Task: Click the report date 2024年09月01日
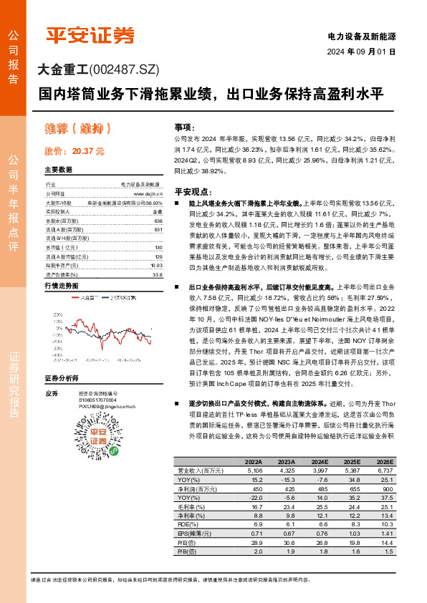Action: click(361, 52)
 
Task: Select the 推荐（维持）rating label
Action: click(76, 129)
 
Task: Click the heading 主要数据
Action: click(59, 170)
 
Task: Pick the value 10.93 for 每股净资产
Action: click(157, 264)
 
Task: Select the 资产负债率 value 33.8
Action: click(158, 274)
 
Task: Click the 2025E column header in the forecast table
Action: click(352, 461)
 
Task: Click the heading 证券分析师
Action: click(62, 377)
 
